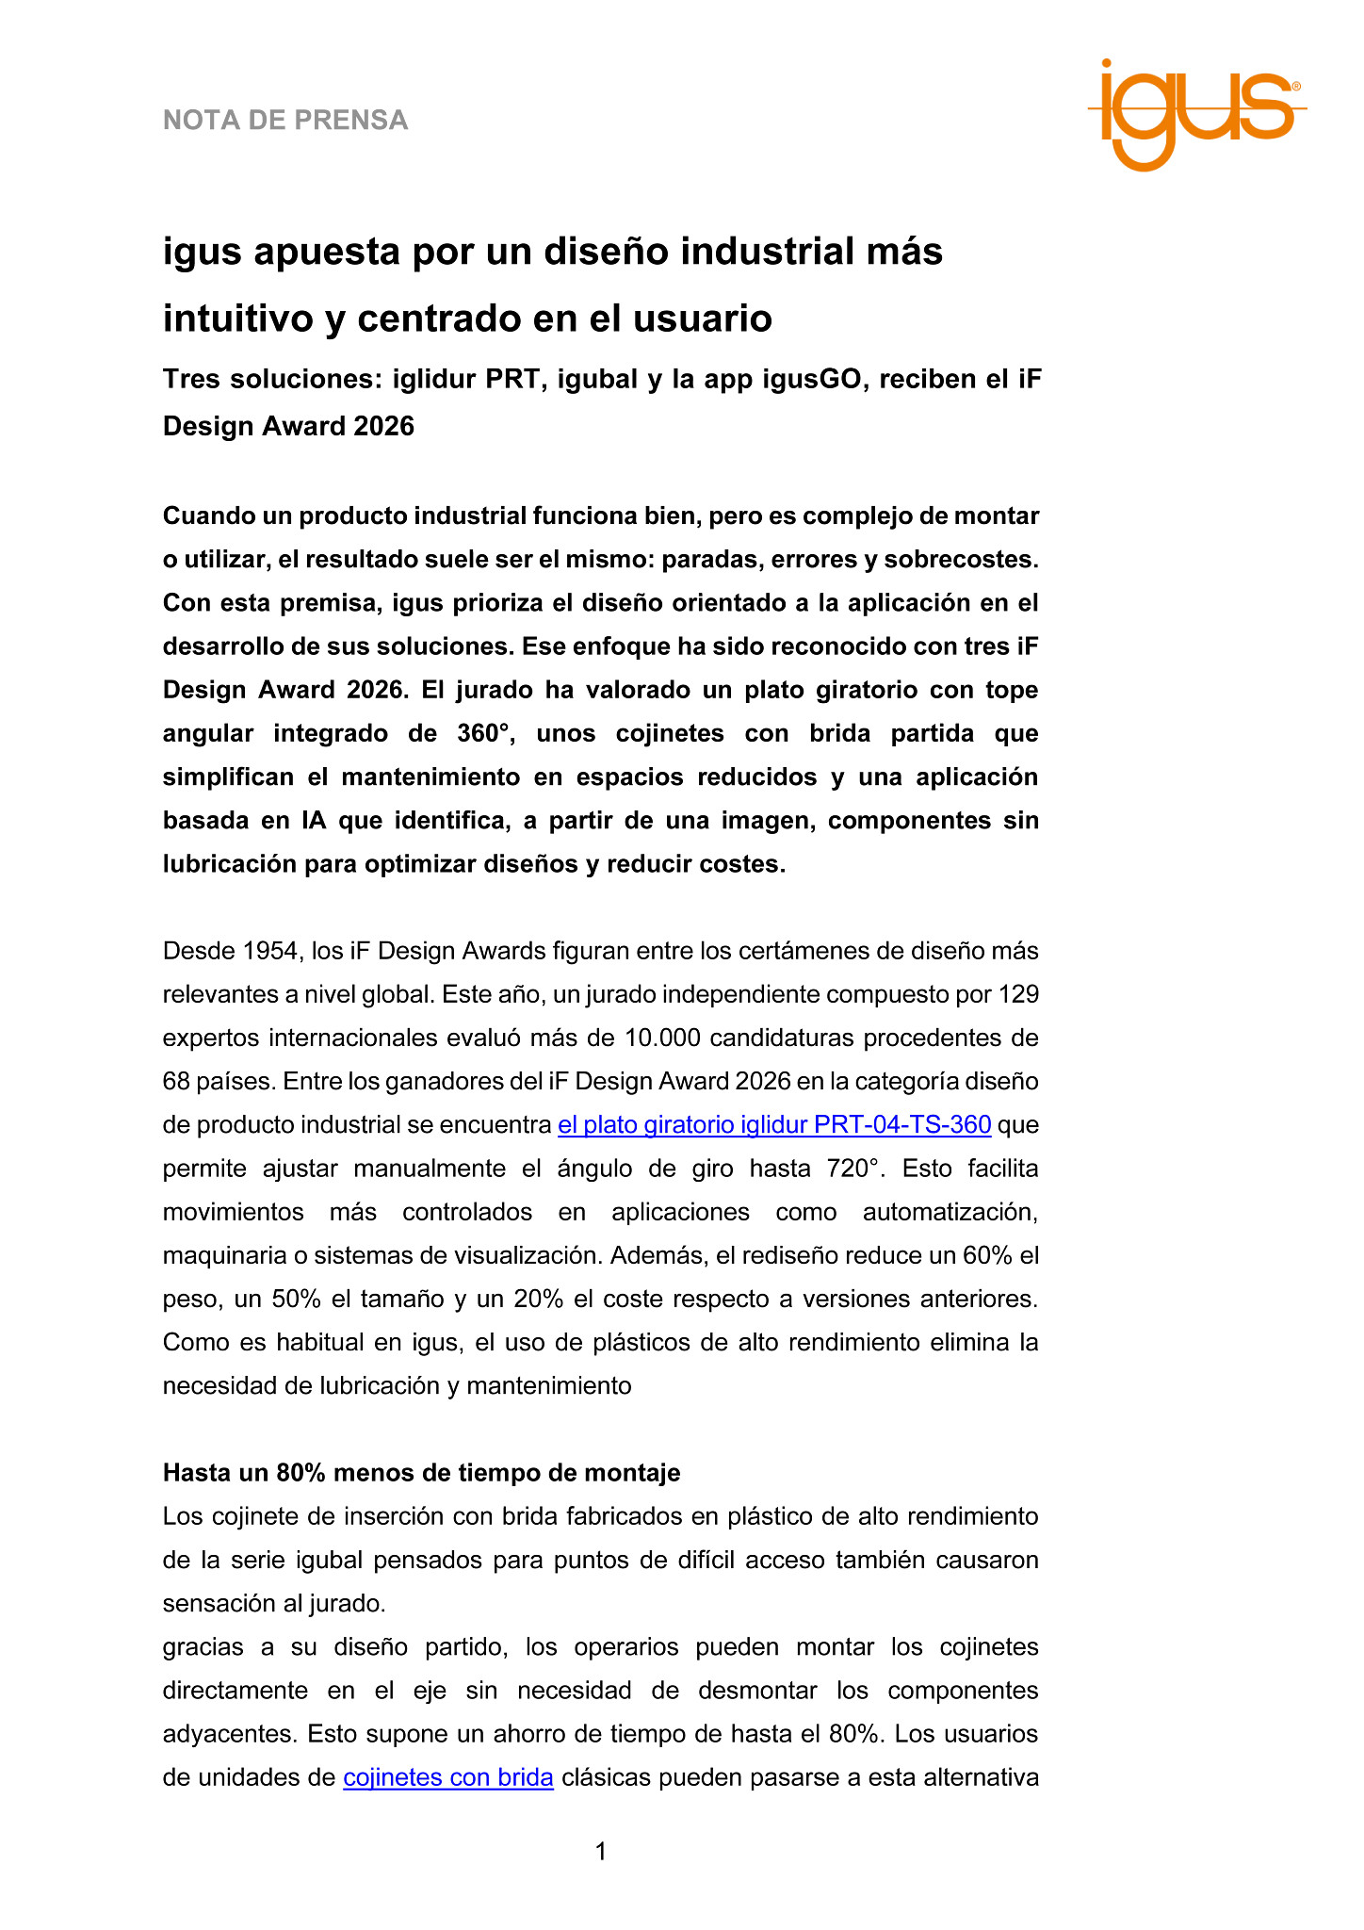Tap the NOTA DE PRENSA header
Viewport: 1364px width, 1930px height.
click(285, 121)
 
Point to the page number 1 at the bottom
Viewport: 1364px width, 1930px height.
click(601, 1852)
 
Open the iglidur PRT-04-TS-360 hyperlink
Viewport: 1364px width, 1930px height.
click(773, 1124)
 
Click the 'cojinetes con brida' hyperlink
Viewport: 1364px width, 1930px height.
click(447, 1777)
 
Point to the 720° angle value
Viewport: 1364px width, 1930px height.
click(856, 1169)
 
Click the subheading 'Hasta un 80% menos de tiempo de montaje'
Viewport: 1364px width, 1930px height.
click(421, 1472)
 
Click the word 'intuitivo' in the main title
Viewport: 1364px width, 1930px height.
click(238, 319)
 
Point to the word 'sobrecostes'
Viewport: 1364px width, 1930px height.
click(975, 559)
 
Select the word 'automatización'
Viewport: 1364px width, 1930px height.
click(950, 1212)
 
